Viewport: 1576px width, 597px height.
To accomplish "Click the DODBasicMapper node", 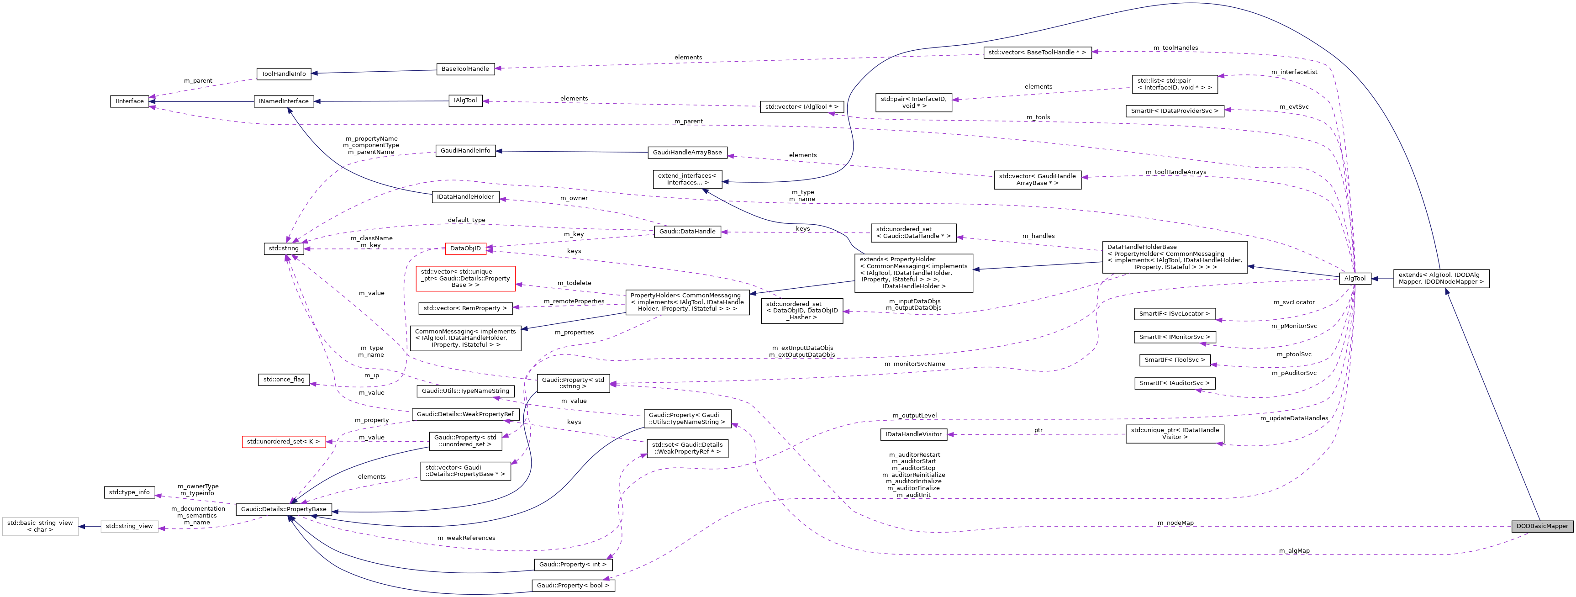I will pyautogui.click(x=1542, y=526).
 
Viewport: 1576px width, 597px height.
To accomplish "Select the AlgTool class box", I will pyautogui.click(x=1355, y=278).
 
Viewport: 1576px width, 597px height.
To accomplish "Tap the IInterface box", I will pyautogui.click(x=130, y=101).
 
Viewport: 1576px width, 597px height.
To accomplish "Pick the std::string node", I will pyautogui.click(x=284, y=248).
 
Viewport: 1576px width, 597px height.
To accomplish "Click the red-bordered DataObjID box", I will pyautogui.click(x=465, y=248).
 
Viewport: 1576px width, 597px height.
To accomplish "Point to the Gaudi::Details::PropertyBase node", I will pyautogui.click(x=284, y=509).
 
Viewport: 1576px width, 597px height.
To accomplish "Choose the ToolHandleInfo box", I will pyautogui.click(x=284, y=74).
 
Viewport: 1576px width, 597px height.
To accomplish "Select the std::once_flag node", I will pyautogui.click(x=284, y=379).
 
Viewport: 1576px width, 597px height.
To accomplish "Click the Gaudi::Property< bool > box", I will pyautogui.click(x=573, y=586).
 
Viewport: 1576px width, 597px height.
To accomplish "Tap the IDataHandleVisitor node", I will pyautogui.click(x=913, y=434).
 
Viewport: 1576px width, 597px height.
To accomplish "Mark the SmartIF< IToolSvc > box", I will pyautogui.click(x=1175, y=360).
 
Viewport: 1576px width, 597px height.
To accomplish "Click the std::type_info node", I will pyautogui.click(x=129, y=492).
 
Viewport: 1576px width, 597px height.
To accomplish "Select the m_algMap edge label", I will pyautogui.click(x=1294, y=551).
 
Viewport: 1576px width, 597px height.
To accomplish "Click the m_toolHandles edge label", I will pyautogui.click(x=1175, y=48).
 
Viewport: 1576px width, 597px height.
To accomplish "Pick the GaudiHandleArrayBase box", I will pyautogui.click(x=687, y=152).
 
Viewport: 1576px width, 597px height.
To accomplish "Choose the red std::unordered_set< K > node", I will pyautogui.click(x=283, y=442).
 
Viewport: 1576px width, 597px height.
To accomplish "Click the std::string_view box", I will pyautogui.click(x=129, y=526).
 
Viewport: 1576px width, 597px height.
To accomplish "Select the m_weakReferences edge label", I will pyautogui.click(x=466, y=538).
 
